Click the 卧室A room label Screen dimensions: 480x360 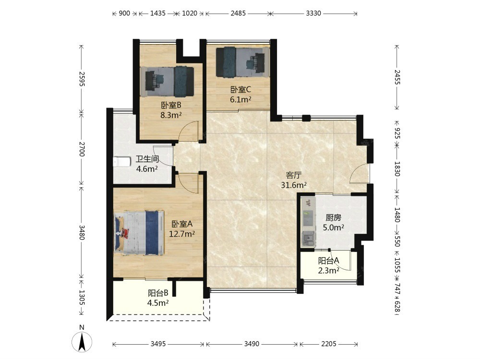tap(182, 224)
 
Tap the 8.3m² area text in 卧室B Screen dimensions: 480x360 tap(171, 115)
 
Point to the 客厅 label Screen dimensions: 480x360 tap(294, 175)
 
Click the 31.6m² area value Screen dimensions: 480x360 tap(294, 185)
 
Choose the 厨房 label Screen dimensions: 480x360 tap(334, 217)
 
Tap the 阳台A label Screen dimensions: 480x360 tap(328, 261)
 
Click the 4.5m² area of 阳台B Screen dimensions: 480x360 tap(158, 303)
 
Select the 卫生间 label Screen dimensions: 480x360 tap(147, 159)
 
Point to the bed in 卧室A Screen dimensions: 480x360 tap(139, 233)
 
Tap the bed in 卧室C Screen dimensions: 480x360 tap(243, 62)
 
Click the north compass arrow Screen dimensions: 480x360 tap(82, 342)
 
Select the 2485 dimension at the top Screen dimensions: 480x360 tap(238, 13)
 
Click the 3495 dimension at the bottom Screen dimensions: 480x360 tap(158, 344)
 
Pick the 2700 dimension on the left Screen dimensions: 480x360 tap(82, 149)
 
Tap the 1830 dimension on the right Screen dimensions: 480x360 tap(397, 168)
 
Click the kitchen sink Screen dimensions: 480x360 tap(308, 239)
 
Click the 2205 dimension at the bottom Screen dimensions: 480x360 tap(329, 344)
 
